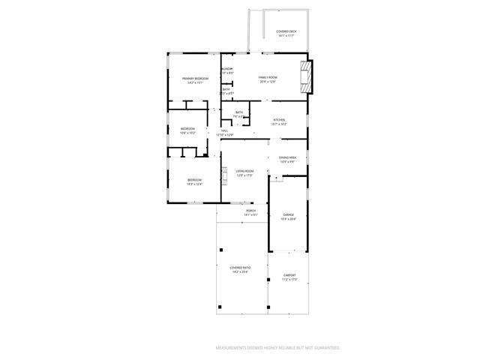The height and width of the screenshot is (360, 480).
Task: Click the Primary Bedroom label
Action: pyautogui.click(x=195, y=78)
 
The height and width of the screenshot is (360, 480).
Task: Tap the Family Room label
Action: pyautogui.click(x=268, y=77)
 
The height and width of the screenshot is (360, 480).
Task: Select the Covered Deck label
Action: pyautogui.click(x=286, y=31)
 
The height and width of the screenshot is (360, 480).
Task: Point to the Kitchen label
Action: pyautogui.click(x=279, y=120)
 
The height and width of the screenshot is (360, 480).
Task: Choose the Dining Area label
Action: pyautogui.click(x=287, y=157)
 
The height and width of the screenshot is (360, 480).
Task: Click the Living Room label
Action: pyautogui.click(x=244, y=171)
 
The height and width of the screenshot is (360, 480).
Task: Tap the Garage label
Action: pyautogui.click(x=288, y=214)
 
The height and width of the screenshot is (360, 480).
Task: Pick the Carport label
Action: pyautogui.click(x=289, y=275)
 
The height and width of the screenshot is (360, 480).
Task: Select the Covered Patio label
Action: pyautogui.click(x=241, y=268)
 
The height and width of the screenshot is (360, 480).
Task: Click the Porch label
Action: pyautogui.click(x=250, y=211)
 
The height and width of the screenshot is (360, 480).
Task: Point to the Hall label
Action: pyautogui.click(x=224, y=130)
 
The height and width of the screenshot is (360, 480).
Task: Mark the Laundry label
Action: pyautogui.click(x=226, y=69)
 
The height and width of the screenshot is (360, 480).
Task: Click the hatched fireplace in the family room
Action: pyautogui.click(x=304, y=76)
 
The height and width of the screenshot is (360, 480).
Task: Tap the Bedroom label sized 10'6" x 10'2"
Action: pyautogui.click(x=187, y=128)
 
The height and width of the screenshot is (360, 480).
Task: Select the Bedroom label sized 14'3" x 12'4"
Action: pyautogui.click(x=194, y=179)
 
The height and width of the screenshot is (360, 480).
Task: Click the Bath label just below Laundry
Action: pyautogui.click(x=226, y=89)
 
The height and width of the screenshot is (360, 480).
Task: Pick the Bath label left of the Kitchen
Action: pyautogui.click(x=238, y=112)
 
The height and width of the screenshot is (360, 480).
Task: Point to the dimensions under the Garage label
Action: pyautogui.click(x=288, y=219)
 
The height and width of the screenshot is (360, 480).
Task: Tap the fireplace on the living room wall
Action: pyautogui.click(x=223, y=175)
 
